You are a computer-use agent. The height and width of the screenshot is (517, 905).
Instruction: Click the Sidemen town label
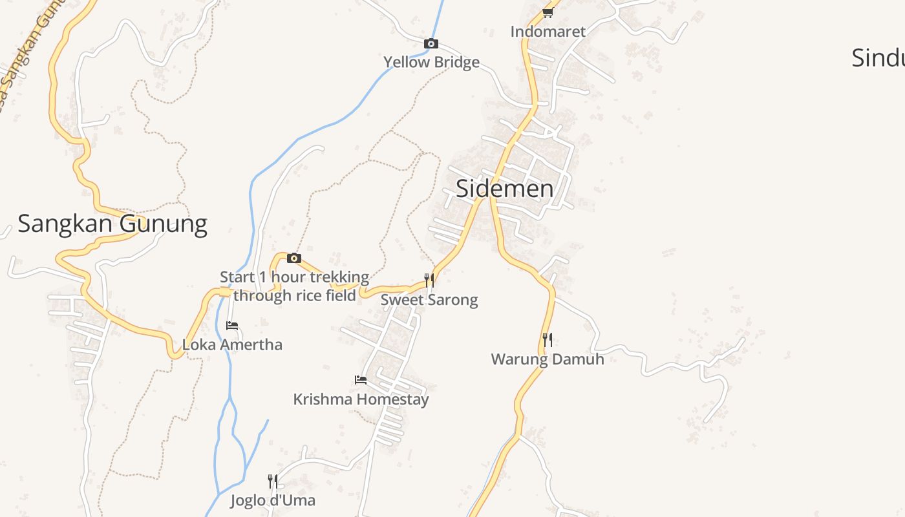pos(504,189)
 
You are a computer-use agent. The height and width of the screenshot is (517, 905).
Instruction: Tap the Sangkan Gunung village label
pos(112,224)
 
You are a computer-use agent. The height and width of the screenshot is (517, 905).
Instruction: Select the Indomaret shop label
pos(548,32)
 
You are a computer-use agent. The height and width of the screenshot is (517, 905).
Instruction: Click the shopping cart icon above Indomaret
pos(548,12)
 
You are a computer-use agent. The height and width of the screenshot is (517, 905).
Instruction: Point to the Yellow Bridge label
pos(431,63)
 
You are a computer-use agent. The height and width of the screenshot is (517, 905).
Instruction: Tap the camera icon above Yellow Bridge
pos(431,44)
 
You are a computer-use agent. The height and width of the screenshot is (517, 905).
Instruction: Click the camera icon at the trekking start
pos(294,258)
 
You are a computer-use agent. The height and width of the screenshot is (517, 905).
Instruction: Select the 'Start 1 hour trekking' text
pos(294,278)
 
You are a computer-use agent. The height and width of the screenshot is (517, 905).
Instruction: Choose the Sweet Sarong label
pos(429,300)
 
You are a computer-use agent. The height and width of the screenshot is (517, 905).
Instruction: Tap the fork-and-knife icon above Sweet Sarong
pos(429,280)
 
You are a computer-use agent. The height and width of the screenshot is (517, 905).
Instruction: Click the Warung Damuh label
pos(548,359)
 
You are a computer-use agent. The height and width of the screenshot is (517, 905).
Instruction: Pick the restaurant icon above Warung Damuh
pos(548,340)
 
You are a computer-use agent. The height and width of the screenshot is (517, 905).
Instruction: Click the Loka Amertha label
pos(232,344)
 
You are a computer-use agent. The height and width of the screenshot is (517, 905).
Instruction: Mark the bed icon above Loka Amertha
pos(232,326)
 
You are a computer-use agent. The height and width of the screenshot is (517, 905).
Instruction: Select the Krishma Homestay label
pos(361,399)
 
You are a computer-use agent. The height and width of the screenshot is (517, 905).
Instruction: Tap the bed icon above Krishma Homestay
pos(361,380)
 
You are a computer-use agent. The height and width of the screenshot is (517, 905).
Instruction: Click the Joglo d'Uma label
pos(273,500)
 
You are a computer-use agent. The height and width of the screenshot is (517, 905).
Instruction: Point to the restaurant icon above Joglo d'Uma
pos(273,481)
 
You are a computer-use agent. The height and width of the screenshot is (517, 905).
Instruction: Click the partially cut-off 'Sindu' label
pos(877,58)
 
